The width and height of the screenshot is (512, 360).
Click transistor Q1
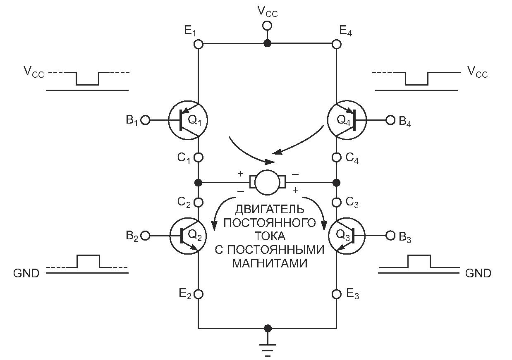pyautogui.click(x=188, y=120)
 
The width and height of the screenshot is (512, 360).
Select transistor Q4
pyautogui.click(x=347, y=120)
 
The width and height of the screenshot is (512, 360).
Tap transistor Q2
pyautogui.click(x=188, y=236)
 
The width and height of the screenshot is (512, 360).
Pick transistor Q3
pyautogui.click(x=347, y=236)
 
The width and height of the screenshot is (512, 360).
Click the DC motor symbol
pyautogui.click(x=268, y=182)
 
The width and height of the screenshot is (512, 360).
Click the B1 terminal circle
pyautogui.click(x=145, y=120)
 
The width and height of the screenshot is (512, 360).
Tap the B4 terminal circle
pyautogui.click(x=390, y=120)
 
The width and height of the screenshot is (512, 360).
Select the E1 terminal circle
pyautogui.click(x=199, y=44)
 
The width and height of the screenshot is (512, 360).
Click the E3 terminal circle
pyautogui.click(x=337, y=294)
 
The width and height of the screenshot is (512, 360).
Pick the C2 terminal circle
pyautogui.click(x=199, y=203)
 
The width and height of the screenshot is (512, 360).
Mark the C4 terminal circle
pyautogui.click(x=337, y=157)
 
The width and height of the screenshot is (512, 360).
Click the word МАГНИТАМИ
pyautogui.click(x=269, y=263)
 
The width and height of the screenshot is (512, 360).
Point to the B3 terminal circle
pyautogui.click(x=390, y=236)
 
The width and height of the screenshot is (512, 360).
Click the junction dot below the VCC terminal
pyautogui.click(x=268, y=43)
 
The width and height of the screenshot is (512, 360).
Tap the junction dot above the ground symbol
pyautogui.click(x=268, y=328)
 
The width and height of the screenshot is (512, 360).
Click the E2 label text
pyautogui.click(x=185, y=294)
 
